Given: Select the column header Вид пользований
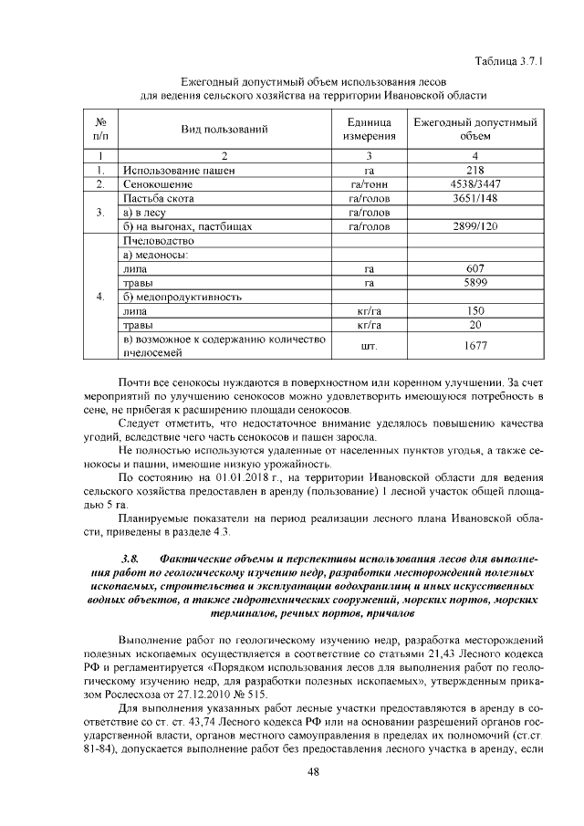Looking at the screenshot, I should click(x=224, y=130).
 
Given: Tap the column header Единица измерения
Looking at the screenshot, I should click(x=370, y=130).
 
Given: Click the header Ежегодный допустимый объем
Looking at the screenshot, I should click(x=475, y=130).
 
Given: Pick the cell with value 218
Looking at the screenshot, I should click(x=475, y=170).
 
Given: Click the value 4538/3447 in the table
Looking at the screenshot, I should click(x=475, y=184).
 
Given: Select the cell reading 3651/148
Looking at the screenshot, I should click(x=475, y=198).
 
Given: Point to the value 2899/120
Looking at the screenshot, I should click(x=475, y=226).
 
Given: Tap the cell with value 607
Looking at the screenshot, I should click(x=475, y=269).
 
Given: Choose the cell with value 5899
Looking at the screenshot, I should click(x=475, y=283).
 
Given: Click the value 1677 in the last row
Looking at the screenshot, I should click(x=475, y=346).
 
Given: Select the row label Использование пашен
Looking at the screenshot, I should click(x=179, y=170).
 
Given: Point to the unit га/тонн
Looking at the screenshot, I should click(x=370, y=184).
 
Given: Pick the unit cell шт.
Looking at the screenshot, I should click(x=370, y=346).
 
